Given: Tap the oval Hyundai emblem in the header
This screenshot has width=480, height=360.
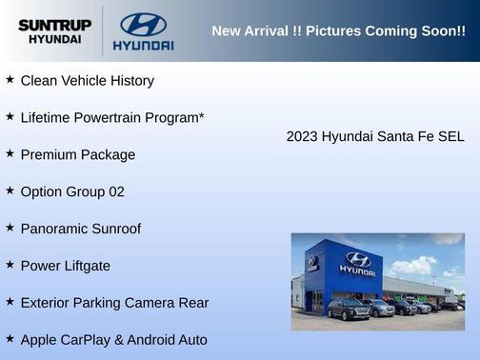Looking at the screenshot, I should [x=143, y=24].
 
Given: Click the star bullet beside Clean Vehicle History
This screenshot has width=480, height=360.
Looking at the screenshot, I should [x=10, y=80].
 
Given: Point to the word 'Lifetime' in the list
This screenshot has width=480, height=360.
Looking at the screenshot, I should [x=47, y=118].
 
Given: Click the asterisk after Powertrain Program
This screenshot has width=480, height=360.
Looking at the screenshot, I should [x=201, y=116].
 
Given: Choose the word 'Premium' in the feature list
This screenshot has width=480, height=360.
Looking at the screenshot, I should [x=49, y=154].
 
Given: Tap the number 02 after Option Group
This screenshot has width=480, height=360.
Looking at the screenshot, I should [x=115, y=191].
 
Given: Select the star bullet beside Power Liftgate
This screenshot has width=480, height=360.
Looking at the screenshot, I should [x=10, y=265].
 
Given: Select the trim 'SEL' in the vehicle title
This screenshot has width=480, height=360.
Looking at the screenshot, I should [x=450, y=136].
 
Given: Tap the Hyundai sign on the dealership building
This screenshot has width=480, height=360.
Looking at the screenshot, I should [x=357, y=263].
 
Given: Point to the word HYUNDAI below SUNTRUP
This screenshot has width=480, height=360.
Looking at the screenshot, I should [x=54, y=40].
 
